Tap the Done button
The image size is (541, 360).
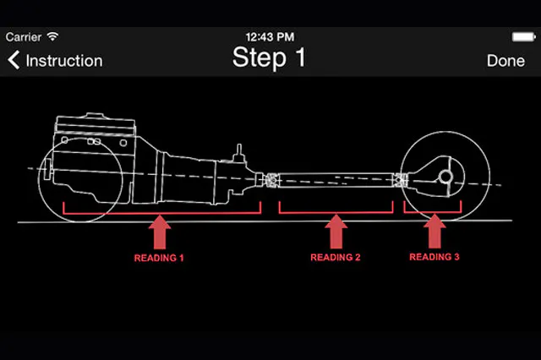coord(505,61)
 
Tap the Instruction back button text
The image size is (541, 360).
coord(64,61)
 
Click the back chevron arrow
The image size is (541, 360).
coord(14,61)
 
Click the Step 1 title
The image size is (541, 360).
coord(269,58)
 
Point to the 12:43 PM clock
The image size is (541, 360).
coord(269,37)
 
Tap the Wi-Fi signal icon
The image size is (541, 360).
coord(53,37)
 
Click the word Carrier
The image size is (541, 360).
coord(23,37)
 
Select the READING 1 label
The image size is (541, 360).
coord(159,257)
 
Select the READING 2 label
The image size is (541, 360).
coord(336,257)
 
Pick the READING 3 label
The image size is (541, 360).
coord(434,256)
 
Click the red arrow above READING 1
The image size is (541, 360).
coord(160,232)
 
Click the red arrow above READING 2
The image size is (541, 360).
coord(336,232)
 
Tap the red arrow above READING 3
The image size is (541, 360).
coord(434,230)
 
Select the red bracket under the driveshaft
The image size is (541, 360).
coord(336,210)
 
